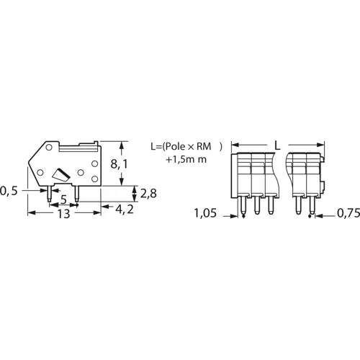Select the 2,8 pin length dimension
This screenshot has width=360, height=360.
pos(147,193)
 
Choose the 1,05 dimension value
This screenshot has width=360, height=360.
pos(206,214)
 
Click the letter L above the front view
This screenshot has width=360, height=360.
pos(277,145)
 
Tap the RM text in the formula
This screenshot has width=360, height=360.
pos(209,145)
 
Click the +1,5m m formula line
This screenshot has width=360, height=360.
pos(186,158)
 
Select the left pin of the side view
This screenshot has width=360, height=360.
pos(49,193)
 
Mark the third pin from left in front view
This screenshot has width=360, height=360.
pos(271,206)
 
